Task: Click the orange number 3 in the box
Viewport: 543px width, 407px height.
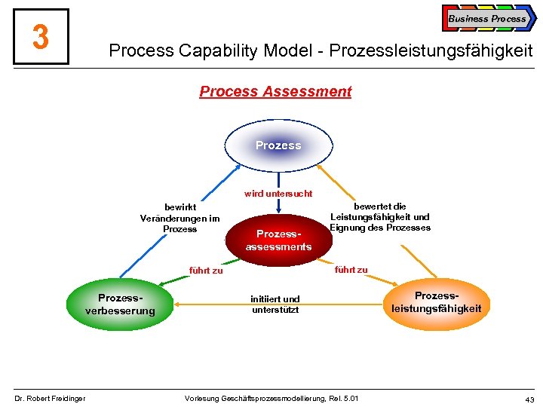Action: coord(41,36)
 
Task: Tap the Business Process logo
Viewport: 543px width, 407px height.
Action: coord(489,18)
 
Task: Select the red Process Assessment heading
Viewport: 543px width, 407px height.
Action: coord(275,91)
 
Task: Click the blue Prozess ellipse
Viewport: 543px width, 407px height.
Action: coord(278,145)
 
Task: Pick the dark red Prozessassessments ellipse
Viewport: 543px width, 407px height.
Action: coord(278,240)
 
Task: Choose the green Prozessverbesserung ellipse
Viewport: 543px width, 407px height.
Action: coord(120,304)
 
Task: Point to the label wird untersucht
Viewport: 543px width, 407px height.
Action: coord(278,194)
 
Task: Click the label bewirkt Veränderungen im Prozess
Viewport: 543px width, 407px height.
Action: coord(179,218)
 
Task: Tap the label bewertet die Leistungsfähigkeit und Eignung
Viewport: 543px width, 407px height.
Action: coord(380,217)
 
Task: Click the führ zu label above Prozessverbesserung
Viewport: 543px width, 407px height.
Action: coord(205,271)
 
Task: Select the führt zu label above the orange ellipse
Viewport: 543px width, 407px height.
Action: coord(351,269)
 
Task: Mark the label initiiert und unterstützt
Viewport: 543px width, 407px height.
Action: coord(275,304)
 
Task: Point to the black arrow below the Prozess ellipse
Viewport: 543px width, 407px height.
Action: coord(278,179)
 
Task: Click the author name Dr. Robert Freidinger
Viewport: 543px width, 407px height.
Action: coord(50,398)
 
